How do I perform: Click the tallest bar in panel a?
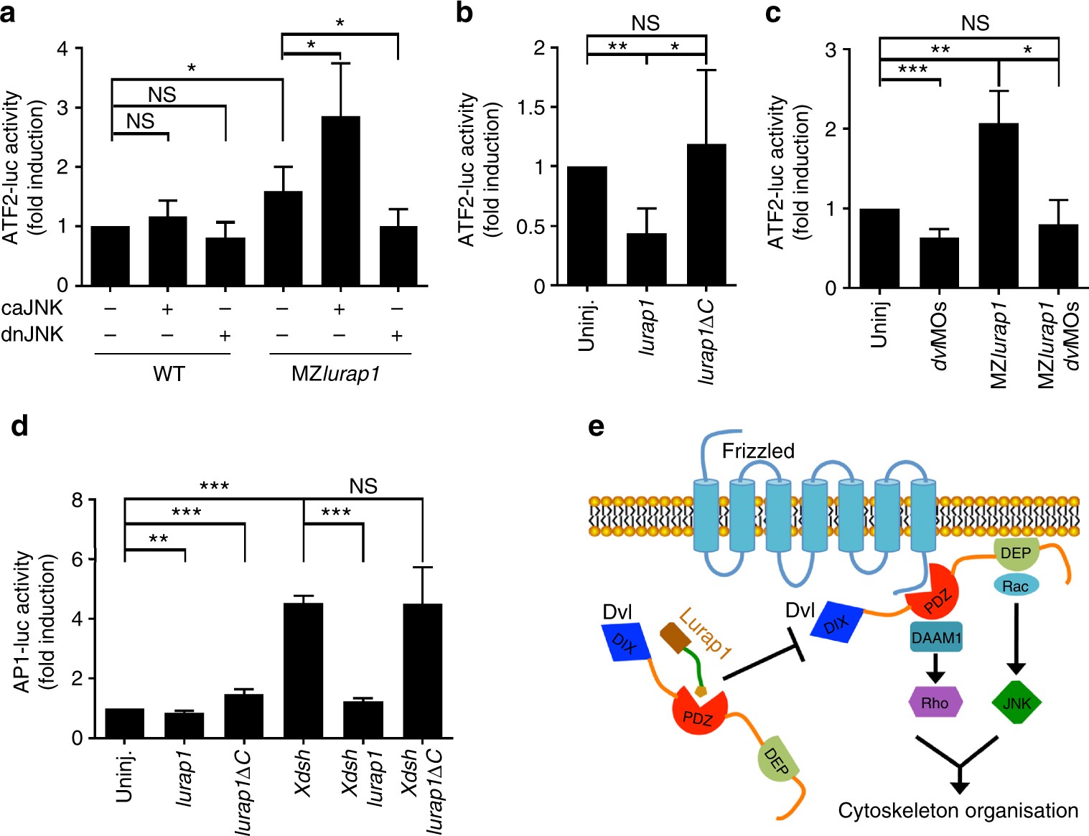click(340, 201)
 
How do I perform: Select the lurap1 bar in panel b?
click(646, 259)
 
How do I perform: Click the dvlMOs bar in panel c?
click(939, 263)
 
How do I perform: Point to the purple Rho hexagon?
click(935, 703)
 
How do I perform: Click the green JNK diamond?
click(1016, 703)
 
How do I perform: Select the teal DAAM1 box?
click(936, 637)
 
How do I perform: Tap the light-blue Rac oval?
click(1016, 586)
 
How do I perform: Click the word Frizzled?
click(758, 451)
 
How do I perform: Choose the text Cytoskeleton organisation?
click(958, 811)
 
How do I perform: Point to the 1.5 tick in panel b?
click(533, 108)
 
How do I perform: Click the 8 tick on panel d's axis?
click(78, 500)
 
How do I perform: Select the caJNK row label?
click(32, 309)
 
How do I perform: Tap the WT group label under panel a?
click(169, 374)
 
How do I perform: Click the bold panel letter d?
click(19, 426)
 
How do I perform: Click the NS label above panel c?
click(975, 24)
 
